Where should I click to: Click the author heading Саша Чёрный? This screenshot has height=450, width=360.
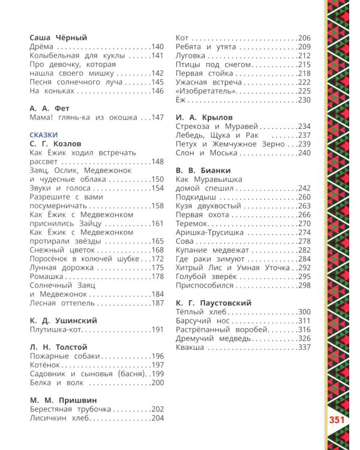pos(58,37)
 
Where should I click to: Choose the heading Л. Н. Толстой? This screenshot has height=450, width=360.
pos(58,347)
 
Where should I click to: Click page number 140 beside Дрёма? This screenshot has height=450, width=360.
pos(157,47)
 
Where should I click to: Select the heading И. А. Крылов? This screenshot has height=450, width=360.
pos(204,117)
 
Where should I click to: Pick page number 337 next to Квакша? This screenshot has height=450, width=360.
pos(304,347)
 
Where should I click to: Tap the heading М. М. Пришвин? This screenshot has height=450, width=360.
pos(62,400)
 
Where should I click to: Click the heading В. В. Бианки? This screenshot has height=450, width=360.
pos(201,170)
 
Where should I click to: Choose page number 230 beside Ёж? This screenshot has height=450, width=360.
pos(304,100)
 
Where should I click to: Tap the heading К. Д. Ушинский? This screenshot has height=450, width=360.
pos(63,320)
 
